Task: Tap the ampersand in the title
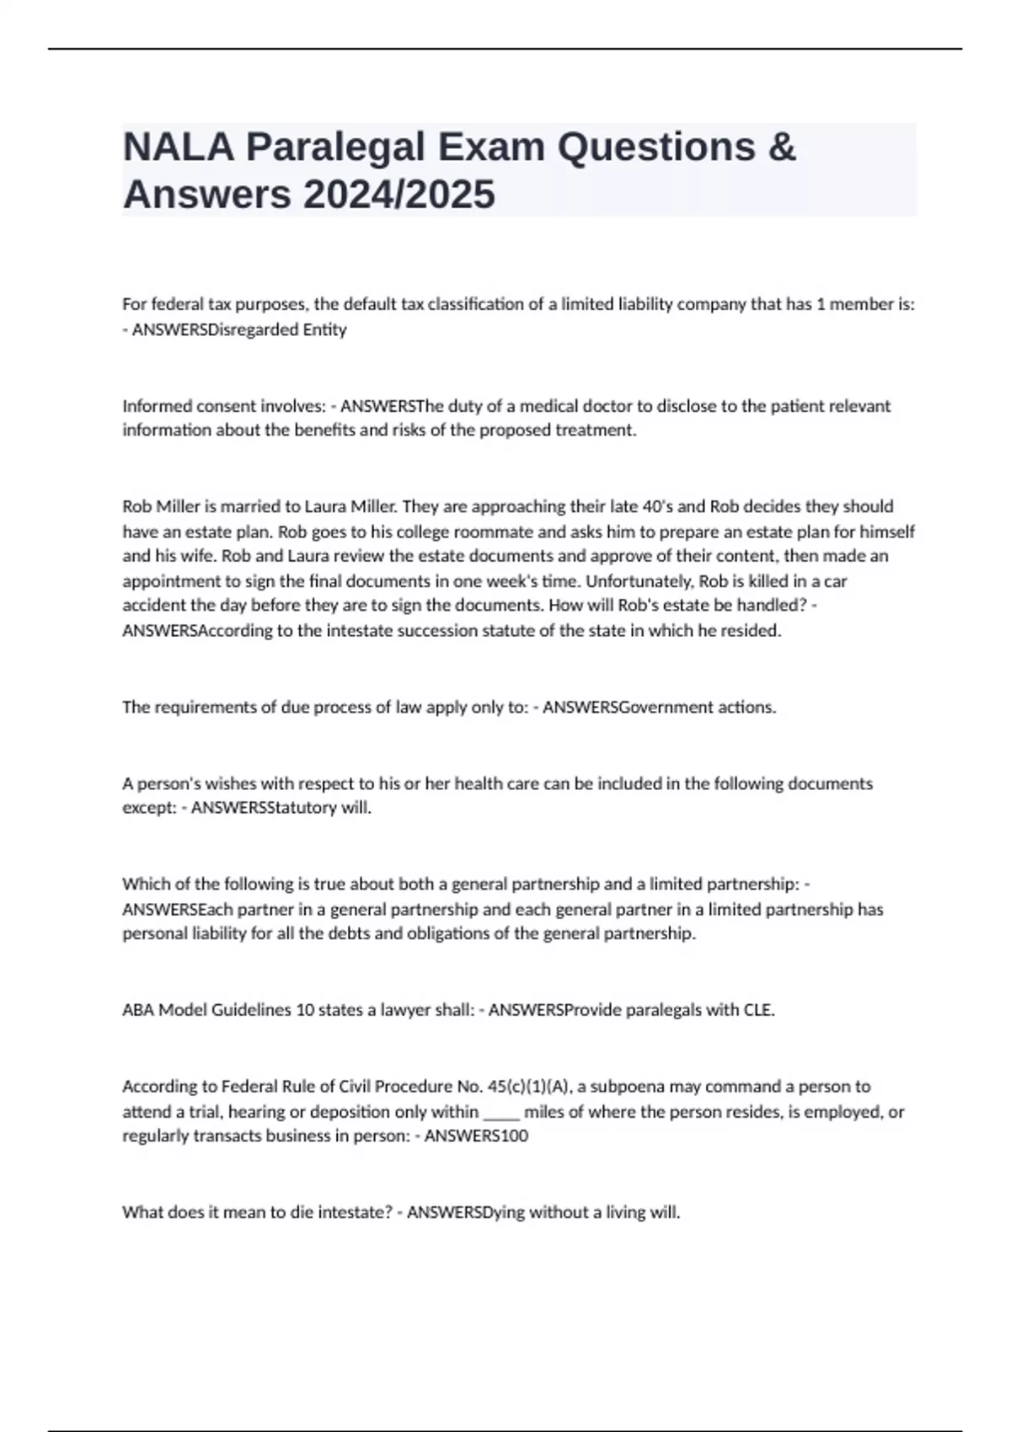point(783,147)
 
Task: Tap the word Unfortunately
point(634,581)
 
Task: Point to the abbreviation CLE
point(758,1010)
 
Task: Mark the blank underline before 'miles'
point(501,1112)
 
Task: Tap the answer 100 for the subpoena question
point(515,1136)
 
